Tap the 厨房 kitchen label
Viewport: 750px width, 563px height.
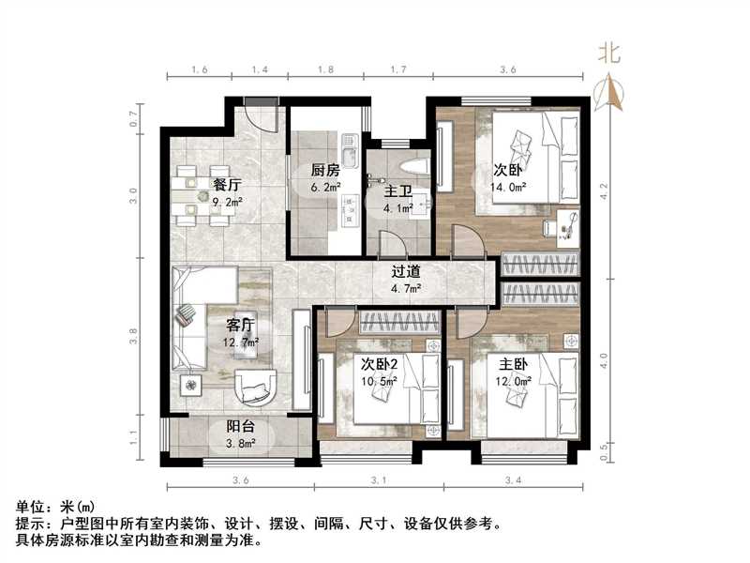point(324,171)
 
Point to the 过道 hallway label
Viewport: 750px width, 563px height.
point(405,272)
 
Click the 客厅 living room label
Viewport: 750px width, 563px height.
point(241,326)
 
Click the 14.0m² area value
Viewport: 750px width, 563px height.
point(508,187)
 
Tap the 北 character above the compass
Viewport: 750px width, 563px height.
point(610,53)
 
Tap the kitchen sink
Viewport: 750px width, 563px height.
point(350,156)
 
